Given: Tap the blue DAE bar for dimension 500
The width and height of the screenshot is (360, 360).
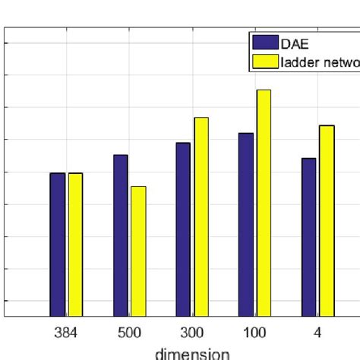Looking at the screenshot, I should [x=120, y=235].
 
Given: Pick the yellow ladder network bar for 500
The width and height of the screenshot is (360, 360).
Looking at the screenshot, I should [x=138, y=251].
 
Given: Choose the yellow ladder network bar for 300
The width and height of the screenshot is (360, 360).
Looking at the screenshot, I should [x=201, y=217].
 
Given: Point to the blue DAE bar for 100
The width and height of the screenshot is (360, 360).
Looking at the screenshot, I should [x=245, y=225].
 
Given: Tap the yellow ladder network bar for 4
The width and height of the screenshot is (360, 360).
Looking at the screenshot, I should [x=327, y=221].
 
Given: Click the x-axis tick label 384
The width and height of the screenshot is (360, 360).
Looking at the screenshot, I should [x=66, y=333].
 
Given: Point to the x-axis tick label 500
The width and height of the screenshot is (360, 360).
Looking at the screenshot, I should [x=129, y=333].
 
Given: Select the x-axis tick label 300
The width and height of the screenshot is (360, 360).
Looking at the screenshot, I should [x=192, y=333].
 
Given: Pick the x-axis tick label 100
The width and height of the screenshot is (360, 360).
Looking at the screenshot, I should [x=254, y=333].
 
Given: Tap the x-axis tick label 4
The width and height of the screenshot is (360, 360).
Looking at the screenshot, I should [x=317, y=333].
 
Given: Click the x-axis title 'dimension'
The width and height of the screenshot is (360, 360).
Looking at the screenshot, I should [x=192, y=353].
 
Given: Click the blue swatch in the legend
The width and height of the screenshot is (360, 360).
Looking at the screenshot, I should [x=266, y=42].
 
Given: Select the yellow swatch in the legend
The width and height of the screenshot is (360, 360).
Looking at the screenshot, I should [x=266, y=62].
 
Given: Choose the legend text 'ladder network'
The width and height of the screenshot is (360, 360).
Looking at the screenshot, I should [x=320, y=63].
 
